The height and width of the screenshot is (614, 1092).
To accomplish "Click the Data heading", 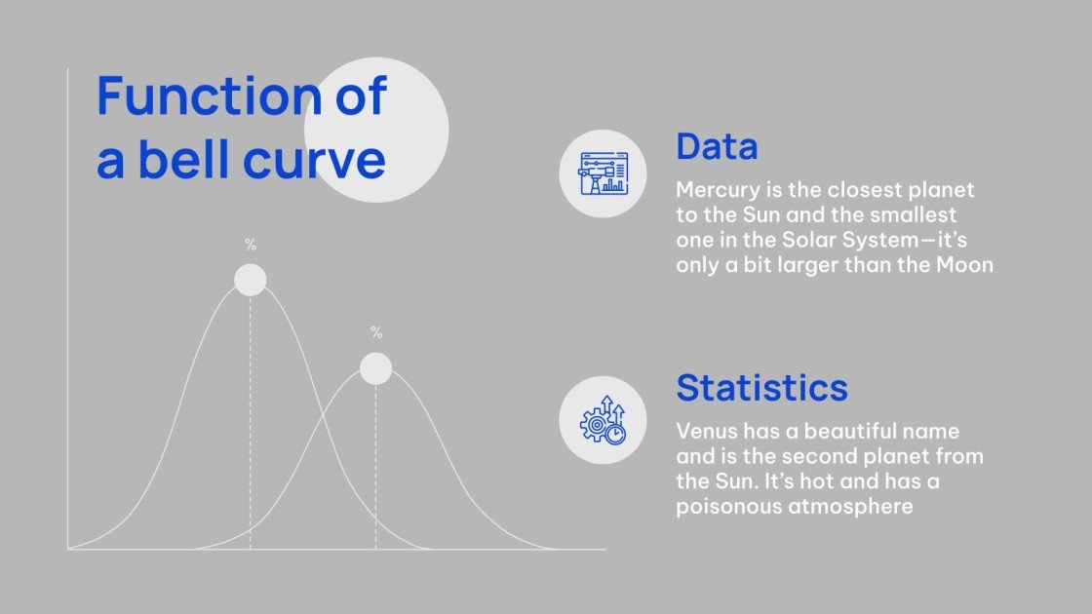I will pos(717,147).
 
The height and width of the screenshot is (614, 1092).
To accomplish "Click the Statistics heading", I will pos(761,387).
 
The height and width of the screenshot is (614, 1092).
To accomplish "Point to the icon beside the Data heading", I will pos(603,173).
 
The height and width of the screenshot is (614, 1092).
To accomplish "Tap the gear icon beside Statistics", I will pos(603,420).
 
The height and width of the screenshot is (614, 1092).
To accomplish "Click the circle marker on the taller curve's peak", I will pos(251,280).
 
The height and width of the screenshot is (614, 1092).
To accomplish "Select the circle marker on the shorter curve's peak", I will pos(375,368).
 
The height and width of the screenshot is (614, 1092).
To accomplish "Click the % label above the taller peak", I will pos(251,245).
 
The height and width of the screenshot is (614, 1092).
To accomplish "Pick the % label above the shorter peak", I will pos(376,332).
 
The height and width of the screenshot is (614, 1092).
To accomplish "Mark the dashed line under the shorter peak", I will pos(375,468).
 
